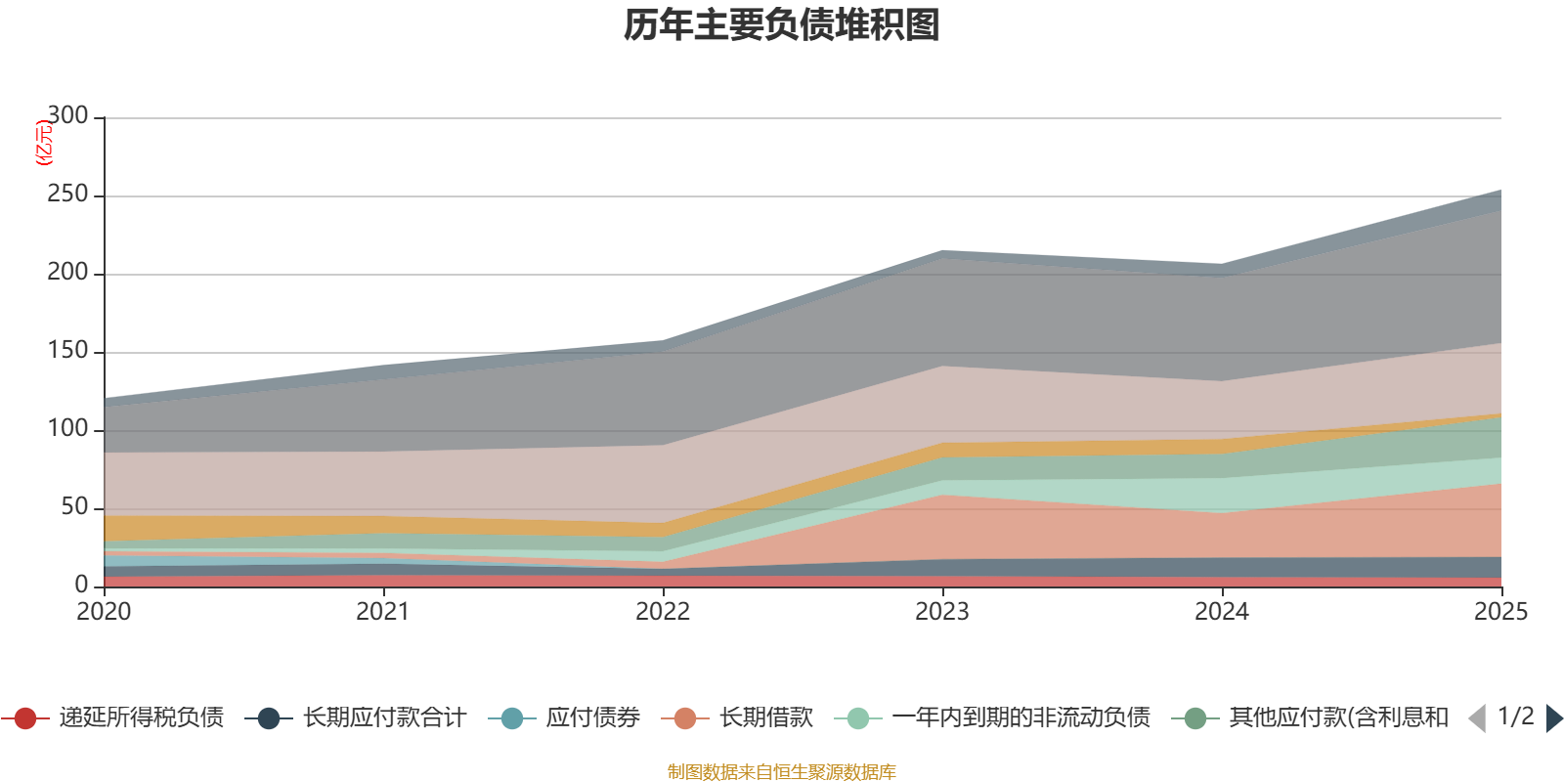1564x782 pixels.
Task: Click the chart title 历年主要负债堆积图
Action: pos(782,25)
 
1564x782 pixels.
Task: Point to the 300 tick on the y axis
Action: pos(67,116)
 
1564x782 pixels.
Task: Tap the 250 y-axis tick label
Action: pos(67,195)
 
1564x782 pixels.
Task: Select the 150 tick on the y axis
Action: pos(67,351)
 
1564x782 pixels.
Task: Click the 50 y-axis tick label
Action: pos(74,507)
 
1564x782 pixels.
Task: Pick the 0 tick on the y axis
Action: pos(82,585)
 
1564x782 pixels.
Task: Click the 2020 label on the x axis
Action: pos(104,612)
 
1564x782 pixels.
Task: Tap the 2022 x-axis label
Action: pos(663,612)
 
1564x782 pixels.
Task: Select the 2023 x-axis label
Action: pos(942,612)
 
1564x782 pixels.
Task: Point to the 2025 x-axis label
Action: pos(1500,612)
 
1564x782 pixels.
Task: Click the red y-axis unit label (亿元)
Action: pos(44,143)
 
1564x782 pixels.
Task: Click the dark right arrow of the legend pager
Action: pos(1554,718)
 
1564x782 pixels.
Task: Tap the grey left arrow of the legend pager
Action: pos(1477,718)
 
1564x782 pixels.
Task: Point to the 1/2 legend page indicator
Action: pos(1515,717)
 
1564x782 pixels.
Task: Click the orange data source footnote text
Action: pos(782,772)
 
